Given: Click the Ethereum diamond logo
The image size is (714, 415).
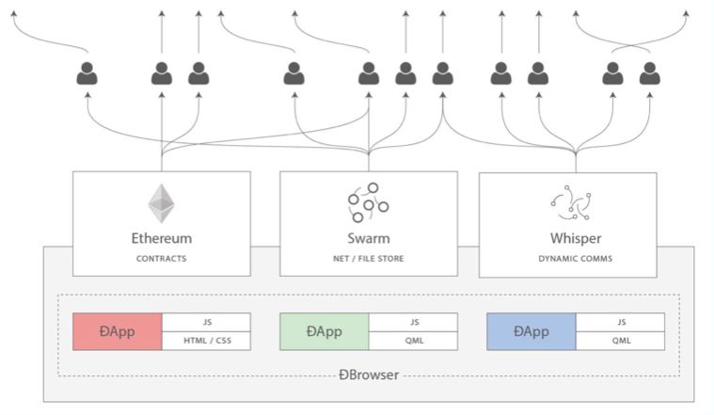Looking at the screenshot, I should [x=162, y=203].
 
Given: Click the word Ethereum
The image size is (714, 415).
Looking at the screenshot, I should [x=162, y=238].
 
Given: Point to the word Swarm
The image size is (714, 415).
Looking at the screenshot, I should [x=368, y=238].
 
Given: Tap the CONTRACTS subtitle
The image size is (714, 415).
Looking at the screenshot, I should [x=162, y=257].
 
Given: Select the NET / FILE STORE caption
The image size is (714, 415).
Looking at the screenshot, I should [x=368, y=257].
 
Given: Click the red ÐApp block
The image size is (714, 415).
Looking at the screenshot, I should [x=118, y=331].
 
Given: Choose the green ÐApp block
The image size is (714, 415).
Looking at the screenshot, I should [x=325, y=331].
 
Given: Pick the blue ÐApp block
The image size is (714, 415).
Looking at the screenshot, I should [x=532, y=331].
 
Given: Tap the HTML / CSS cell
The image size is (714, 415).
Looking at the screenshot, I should [x=206, y=341].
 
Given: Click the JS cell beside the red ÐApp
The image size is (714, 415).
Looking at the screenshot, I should [x=206, y=322].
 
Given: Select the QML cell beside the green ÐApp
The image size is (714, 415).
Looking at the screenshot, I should [x=413, y=341].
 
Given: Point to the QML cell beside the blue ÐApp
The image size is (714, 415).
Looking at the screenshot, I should [x=620, y=341].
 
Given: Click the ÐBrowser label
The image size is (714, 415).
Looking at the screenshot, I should [x=368, y=375].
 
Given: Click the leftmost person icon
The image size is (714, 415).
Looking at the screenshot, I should [x=87, y=73].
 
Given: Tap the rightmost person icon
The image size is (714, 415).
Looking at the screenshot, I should [x=649, y=73].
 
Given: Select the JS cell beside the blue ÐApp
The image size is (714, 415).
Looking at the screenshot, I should [x=620, y=322].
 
